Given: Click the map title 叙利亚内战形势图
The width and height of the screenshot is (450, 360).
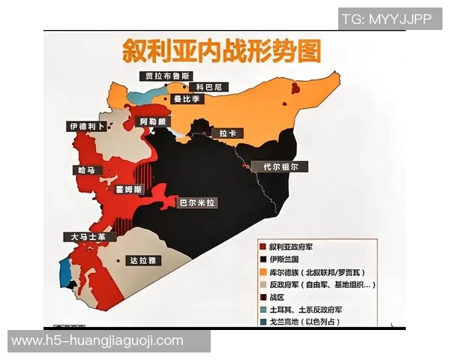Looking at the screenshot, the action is (x=222, y=52).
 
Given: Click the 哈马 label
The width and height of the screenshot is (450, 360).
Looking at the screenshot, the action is (x=88, y=170).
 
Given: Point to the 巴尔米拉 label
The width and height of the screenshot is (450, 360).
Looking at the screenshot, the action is (x=197, y=202).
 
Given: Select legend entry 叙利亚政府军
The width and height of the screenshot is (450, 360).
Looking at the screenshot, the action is (x=298, y=245).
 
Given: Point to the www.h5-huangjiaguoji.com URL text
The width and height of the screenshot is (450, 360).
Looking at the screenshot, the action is (x=97, y=340).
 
